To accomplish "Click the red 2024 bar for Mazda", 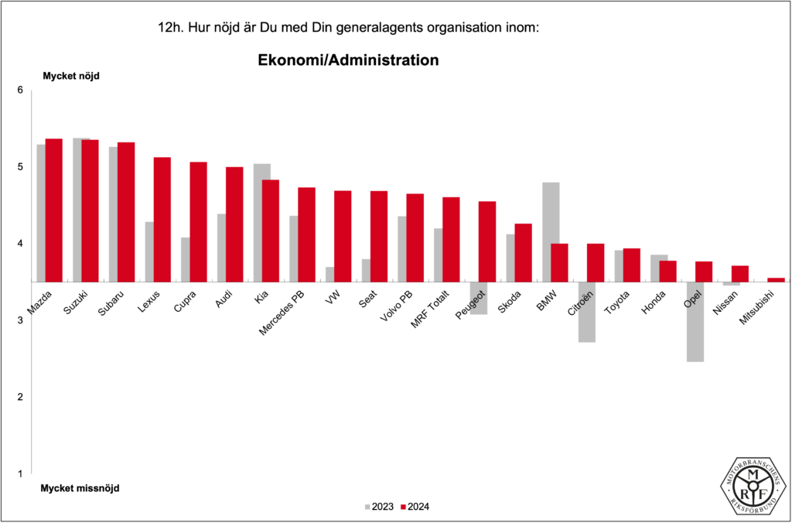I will coord(53,210).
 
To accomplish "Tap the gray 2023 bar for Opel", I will coord(695,321).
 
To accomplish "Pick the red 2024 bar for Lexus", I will coord(162,219).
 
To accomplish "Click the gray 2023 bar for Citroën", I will coord(586,311).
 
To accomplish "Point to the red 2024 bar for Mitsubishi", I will coord(776,279).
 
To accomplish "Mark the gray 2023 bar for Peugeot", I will coord(478,298).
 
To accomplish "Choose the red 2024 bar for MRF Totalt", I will coord(451,239).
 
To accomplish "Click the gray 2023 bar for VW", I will coord(330,274).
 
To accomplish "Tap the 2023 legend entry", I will coord(378,507).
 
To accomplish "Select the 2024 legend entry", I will coord(415,507).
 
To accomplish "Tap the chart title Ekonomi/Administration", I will coord(347,60).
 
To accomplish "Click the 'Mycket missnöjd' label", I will coord(80,488).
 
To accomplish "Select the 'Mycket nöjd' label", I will coord(71,76).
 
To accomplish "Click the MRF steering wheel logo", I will coord(754,485).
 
